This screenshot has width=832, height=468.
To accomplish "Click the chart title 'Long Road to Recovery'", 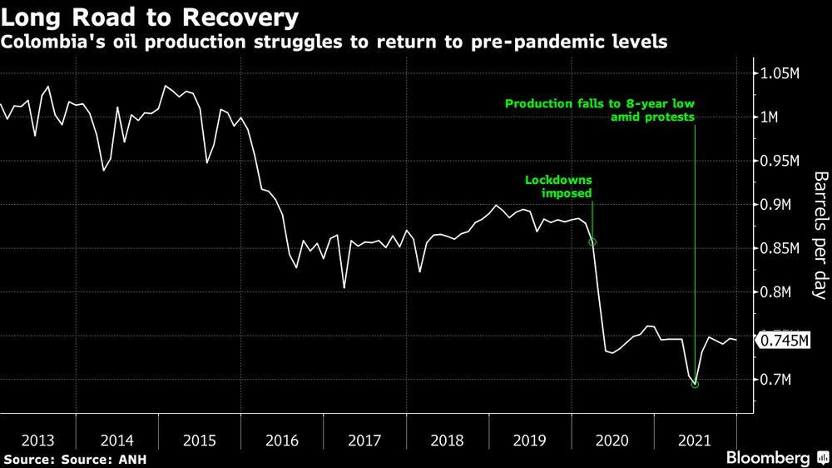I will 151,17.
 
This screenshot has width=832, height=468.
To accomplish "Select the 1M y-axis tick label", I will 770,117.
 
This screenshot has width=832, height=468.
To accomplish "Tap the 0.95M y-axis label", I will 780,161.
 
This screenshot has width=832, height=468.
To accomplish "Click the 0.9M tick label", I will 775,205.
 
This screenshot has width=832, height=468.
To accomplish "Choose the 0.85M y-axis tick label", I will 780,248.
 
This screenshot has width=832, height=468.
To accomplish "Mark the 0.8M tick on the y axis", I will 775,292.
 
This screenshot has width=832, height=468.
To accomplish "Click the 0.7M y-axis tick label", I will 775,380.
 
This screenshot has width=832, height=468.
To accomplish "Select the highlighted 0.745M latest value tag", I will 782,341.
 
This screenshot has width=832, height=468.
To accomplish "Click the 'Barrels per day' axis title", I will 820,236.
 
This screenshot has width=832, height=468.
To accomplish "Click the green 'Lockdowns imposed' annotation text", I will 558,187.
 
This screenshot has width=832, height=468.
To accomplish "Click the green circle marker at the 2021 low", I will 695,384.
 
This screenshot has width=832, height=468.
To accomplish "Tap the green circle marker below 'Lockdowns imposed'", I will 592,242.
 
